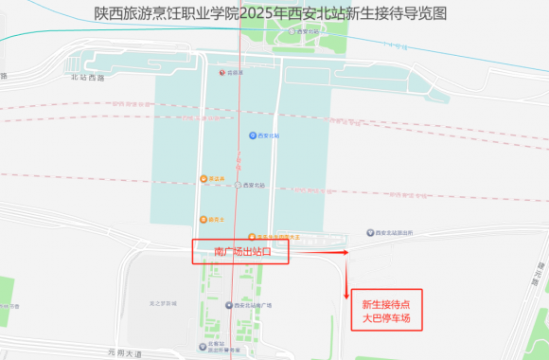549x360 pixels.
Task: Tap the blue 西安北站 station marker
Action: (x=253, y=136)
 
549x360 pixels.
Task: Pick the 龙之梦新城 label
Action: (x=164, y=303)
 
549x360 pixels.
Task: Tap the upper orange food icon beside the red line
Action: (x=204, y=179)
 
